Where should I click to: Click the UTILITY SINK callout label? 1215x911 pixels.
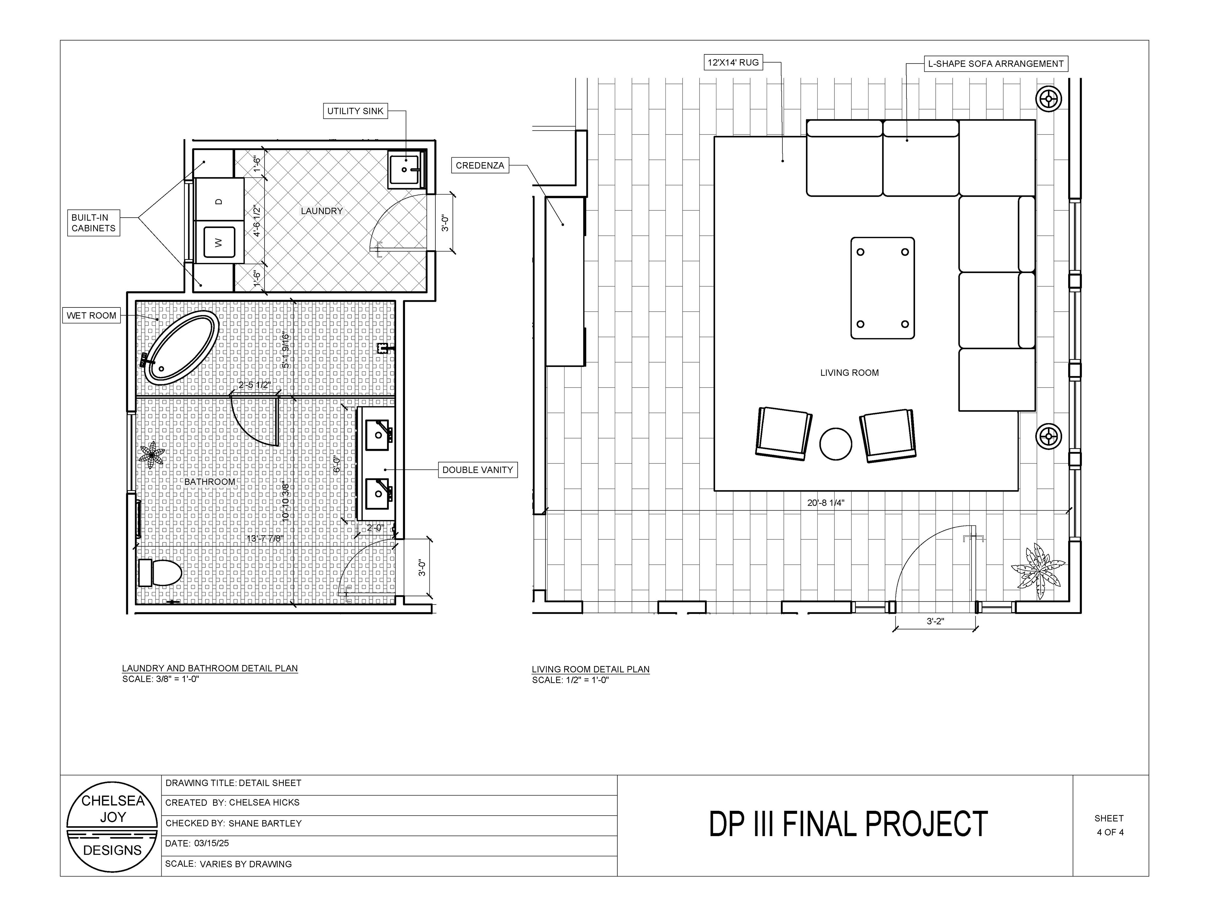pyautogui.click(x=355, y=111)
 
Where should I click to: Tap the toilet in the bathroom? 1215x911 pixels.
pyautogui.click(x=160, y=573)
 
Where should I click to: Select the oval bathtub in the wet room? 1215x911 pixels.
pyautogui.click(x=181, y=347)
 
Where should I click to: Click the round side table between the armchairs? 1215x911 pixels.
pyautogui.click(x=835, y=444)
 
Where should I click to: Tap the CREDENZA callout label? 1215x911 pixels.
pyautogui.click(x=480, y=165)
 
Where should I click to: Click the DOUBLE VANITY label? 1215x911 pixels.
pyautogui.click(x=477, y=470)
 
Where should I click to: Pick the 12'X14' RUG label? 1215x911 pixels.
pyautogui.click(x=733, y=63)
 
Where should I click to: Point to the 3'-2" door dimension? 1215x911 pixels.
pyautogui.click(x=935, y=621)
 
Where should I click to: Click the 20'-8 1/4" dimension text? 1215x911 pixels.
pyautogui.click(x=826, y=502)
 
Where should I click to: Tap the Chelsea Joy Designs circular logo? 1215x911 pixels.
pyautogui.click(x=113, y=827)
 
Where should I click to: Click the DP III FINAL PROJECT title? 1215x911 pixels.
pyautogui.click(x=848, y=824)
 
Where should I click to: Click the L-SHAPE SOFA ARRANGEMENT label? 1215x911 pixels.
pyautogui.click(x=996, y=64)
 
